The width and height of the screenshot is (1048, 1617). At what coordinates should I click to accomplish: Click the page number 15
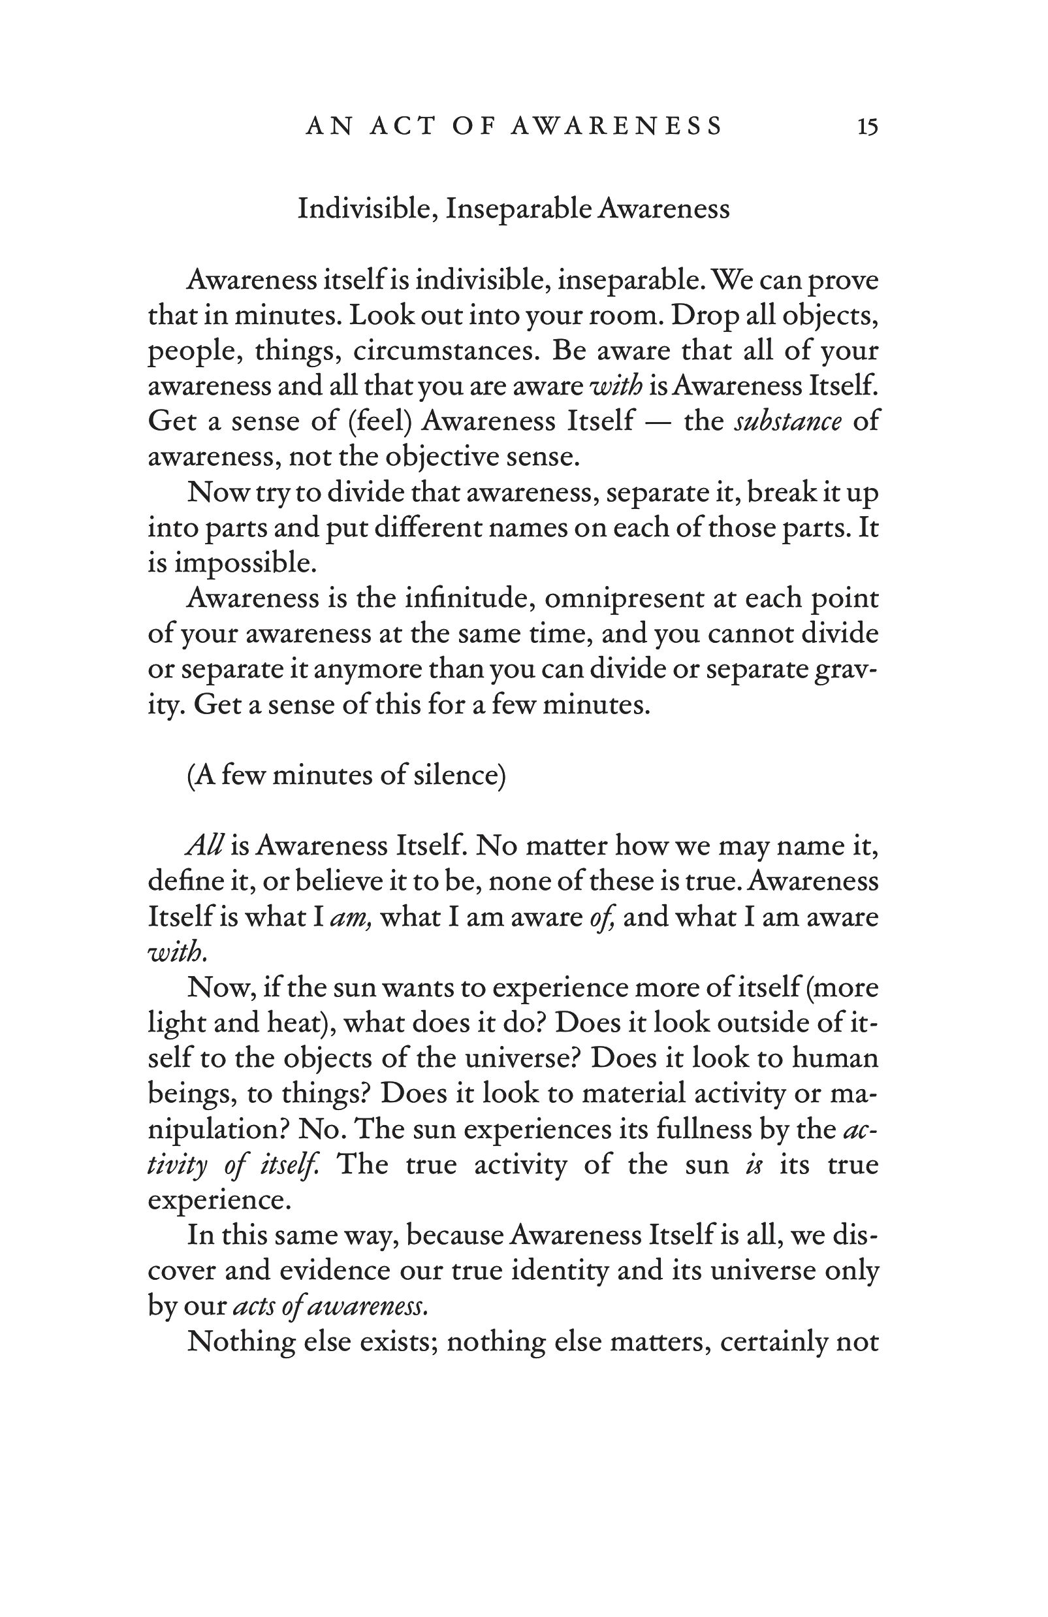click(867, 127)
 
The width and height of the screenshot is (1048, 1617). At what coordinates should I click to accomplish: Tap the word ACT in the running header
click(402, 127)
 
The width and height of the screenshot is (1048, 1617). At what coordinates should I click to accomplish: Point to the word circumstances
click(445, 351)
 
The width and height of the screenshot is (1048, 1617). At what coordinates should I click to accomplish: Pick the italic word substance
click(788, 421)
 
